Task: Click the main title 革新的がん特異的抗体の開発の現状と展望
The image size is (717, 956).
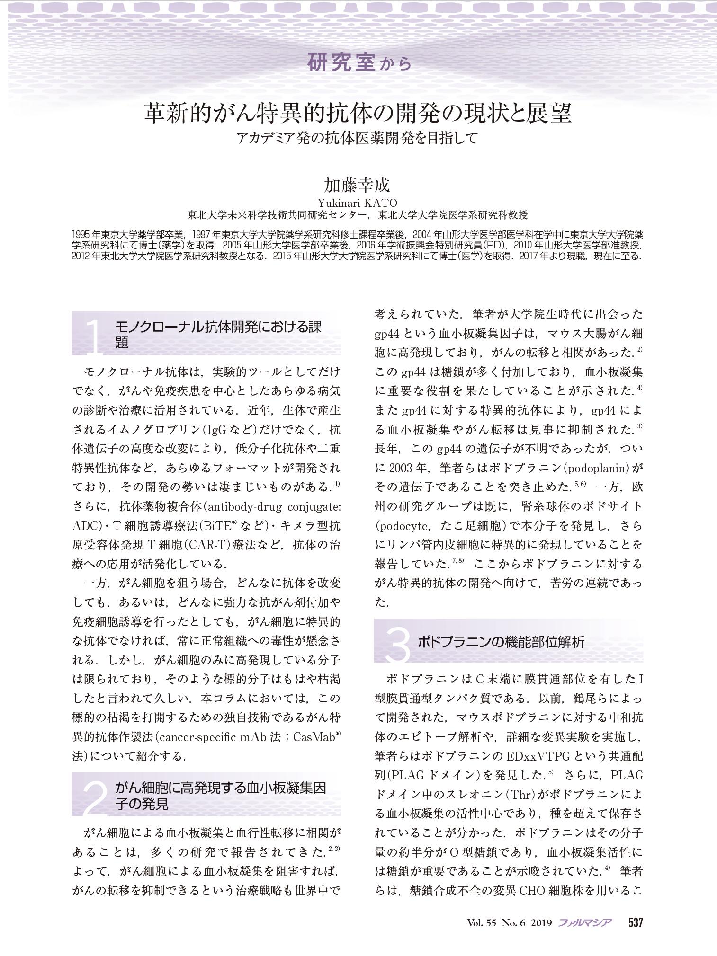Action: click(358, 114)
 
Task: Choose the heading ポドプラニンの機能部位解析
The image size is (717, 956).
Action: click(501, 642)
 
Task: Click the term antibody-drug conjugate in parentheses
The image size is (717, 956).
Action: click(275, 507)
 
